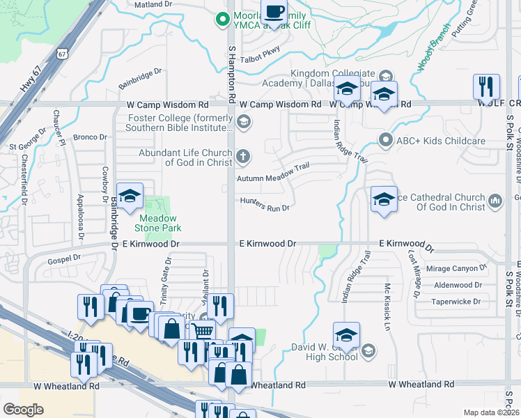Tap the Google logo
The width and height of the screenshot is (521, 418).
coord(23,410)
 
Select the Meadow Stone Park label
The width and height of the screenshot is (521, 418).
coord(157,222)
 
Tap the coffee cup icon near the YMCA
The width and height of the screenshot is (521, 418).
coord(274,13)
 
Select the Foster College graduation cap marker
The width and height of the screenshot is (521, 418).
coord(243,123)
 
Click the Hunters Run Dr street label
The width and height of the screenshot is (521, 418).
coord(264,207)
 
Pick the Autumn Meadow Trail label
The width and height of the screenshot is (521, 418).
coord(272,178)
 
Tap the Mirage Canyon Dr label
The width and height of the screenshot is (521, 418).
coord(456,268)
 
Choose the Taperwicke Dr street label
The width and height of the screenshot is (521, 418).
coord(457,302)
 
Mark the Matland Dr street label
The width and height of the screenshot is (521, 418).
coord(153,4)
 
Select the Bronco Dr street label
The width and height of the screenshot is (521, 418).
coord(90,137)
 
